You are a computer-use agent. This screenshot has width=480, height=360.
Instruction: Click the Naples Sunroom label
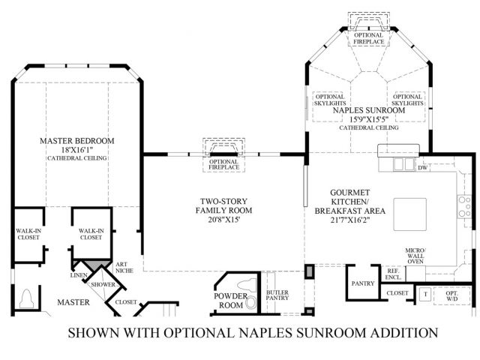367,109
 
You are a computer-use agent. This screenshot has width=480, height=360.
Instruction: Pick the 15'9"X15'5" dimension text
367,118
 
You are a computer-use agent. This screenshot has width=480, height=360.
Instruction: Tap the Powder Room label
230,300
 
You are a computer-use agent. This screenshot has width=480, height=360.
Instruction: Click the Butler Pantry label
278,296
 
